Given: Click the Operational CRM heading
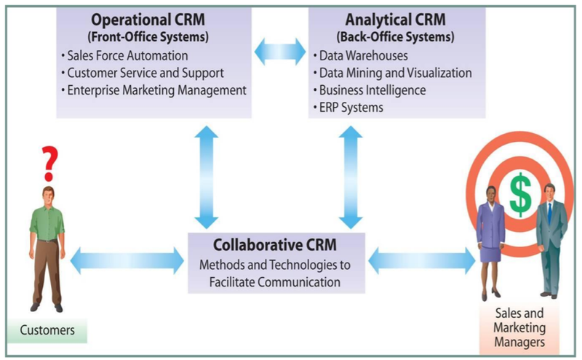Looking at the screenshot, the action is [148, 20].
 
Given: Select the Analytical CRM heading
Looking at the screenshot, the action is [395, 20].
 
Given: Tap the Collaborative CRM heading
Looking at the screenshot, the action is [275, 245].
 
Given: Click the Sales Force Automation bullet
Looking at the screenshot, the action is [124, 56].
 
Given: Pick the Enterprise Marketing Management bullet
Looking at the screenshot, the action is [154, 90].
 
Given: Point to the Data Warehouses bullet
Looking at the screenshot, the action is [360, 56].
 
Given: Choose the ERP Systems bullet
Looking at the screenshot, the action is [348, 108].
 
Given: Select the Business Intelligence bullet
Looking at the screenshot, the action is [370, 90].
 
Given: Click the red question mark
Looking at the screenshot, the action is [49, 164].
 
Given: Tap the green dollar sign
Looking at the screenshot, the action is [520, 194].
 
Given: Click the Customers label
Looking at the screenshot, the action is [47, 330].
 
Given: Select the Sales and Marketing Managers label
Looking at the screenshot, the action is [519, 327].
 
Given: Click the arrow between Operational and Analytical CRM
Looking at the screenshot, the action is [280, 52].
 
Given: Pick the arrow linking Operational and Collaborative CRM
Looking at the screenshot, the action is [206, 177].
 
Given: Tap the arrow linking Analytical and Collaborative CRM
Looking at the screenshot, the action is [351, 177].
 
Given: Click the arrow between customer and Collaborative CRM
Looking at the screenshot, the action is [127, 261].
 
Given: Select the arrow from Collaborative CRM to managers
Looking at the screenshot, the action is [422, 261].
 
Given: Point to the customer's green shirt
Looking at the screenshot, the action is [47, 223].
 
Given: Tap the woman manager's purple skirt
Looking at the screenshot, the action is [490, 253].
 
